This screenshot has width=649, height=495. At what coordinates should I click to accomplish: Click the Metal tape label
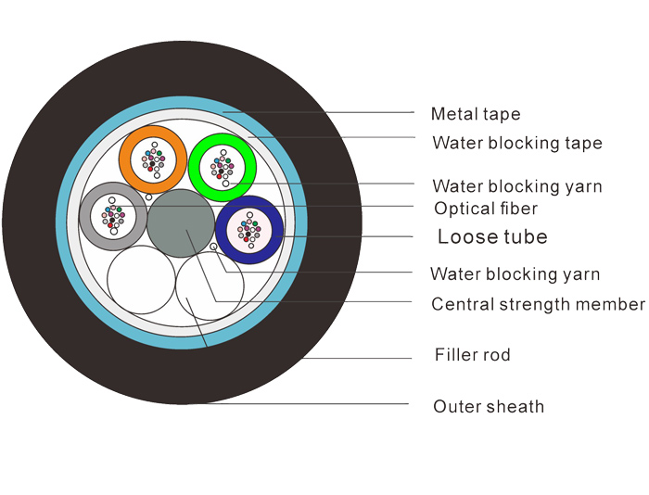[476, 114]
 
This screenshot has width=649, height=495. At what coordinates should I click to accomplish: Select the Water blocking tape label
[517, 143]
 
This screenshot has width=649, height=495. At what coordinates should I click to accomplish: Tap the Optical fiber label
[486, 209]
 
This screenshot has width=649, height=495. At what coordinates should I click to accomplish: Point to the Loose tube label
[492, 236]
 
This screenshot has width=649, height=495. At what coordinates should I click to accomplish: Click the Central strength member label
[538, 304]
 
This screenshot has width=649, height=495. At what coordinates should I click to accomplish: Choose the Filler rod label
[472, 355]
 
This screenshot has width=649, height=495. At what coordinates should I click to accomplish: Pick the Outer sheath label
[489, 406]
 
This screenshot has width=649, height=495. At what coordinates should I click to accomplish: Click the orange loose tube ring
[124, 159]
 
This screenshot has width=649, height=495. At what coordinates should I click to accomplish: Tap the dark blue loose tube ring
[221, 230]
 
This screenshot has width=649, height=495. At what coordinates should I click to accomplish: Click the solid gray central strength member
[181, 223]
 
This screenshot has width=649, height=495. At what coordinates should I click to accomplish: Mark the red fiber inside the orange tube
[150, 169]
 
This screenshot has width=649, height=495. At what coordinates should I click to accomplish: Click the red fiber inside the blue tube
[246, 239]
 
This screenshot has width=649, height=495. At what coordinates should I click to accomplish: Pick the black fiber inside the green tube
[221, 171]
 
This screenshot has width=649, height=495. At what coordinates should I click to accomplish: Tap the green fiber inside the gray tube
[120, 209]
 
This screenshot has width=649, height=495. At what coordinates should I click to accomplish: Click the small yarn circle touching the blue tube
[213, 247]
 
